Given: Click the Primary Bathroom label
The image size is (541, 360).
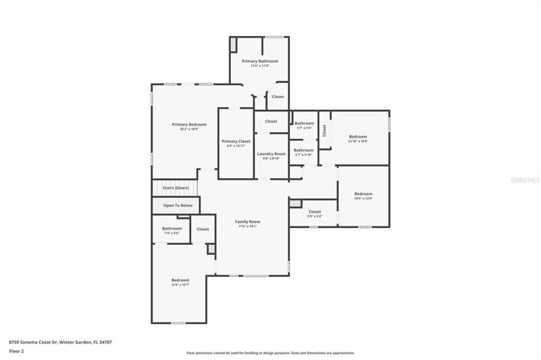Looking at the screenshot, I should pyautogui.click(x=259, y=61).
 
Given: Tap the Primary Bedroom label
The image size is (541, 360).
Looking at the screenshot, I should pyautogui.click(x=189, y=124).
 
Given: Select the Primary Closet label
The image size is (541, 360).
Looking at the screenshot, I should pyautogui.click(x=236, y=141).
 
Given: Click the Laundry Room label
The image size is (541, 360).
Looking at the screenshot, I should pyautogui.click(x=271, y=154).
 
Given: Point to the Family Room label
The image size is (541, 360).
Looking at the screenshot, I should pyautogui.click(x=247, y=221).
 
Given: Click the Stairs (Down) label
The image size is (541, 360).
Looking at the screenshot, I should pyautogui.click(x=175, y=187).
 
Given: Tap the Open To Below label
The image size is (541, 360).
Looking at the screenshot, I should pyautogui.click(x=176, y=206).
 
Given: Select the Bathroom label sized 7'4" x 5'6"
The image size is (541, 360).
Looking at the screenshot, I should pyautogui.click(x=171, y=228).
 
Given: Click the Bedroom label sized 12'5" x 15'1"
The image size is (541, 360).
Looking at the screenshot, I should pyautogui.click(x=180, y=280).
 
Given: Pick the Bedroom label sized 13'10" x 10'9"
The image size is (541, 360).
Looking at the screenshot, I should pyautogui.click(x=358, y=137).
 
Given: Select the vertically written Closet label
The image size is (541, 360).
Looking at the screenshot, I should pyautogui.click(x=324, y=130).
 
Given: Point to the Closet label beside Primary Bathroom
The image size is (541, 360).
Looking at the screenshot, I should pyautogui.click(x=278, y=97).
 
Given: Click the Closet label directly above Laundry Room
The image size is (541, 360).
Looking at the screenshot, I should pyautogui.click(x=271, y=121).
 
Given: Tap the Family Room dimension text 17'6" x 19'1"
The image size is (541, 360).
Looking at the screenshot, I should pyautogui.click(x=247, y=226).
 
